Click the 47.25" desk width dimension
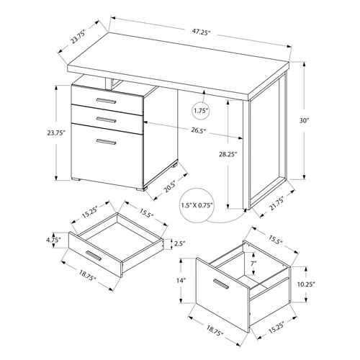[x=201, y=32]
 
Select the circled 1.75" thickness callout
[x=201, y=111]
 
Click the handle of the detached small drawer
[x=92, y=256]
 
